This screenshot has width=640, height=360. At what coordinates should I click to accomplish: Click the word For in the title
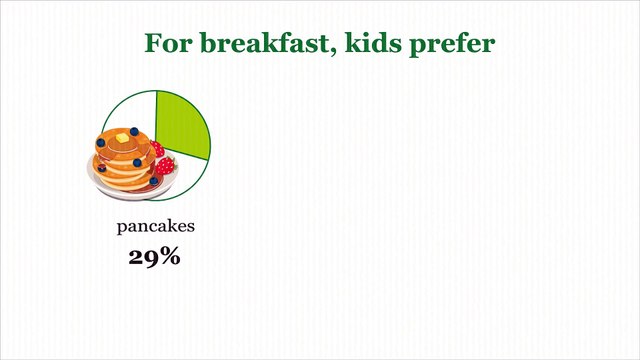165,44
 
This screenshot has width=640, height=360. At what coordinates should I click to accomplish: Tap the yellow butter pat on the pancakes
122,136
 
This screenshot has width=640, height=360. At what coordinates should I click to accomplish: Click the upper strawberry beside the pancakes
157,150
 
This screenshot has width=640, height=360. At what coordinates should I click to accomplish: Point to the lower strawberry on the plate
163,166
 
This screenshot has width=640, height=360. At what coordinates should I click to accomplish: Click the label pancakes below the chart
155,226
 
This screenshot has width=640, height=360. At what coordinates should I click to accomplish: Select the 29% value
154,256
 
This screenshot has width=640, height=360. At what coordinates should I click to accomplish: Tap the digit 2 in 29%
136,256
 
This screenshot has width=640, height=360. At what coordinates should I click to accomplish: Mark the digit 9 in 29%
151,257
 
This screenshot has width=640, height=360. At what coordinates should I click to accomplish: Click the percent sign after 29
170,256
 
